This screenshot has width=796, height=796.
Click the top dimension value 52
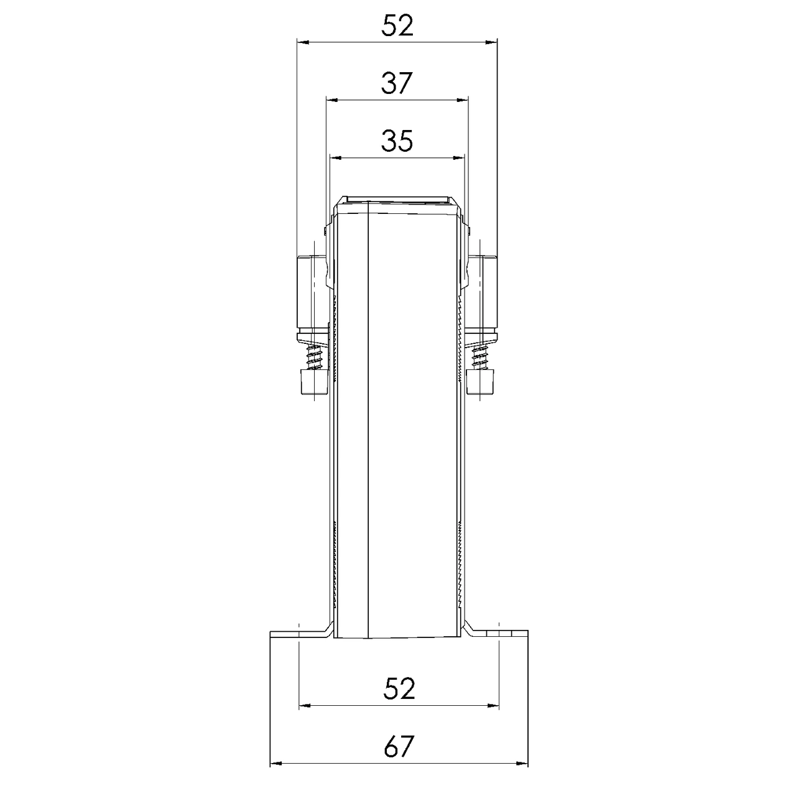(397, 25)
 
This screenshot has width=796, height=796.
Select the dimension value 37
(397, 83)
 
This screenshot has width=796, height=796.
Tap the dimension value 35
(397, 141)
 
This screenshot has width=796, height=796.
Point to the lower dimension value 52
(399, 688)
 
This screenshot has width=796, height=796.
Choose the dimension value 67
(399, 746)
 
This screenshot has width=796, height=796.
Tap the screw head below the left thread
(315, 382)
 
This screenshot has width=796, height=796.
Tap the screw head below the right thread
(480, 382)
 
